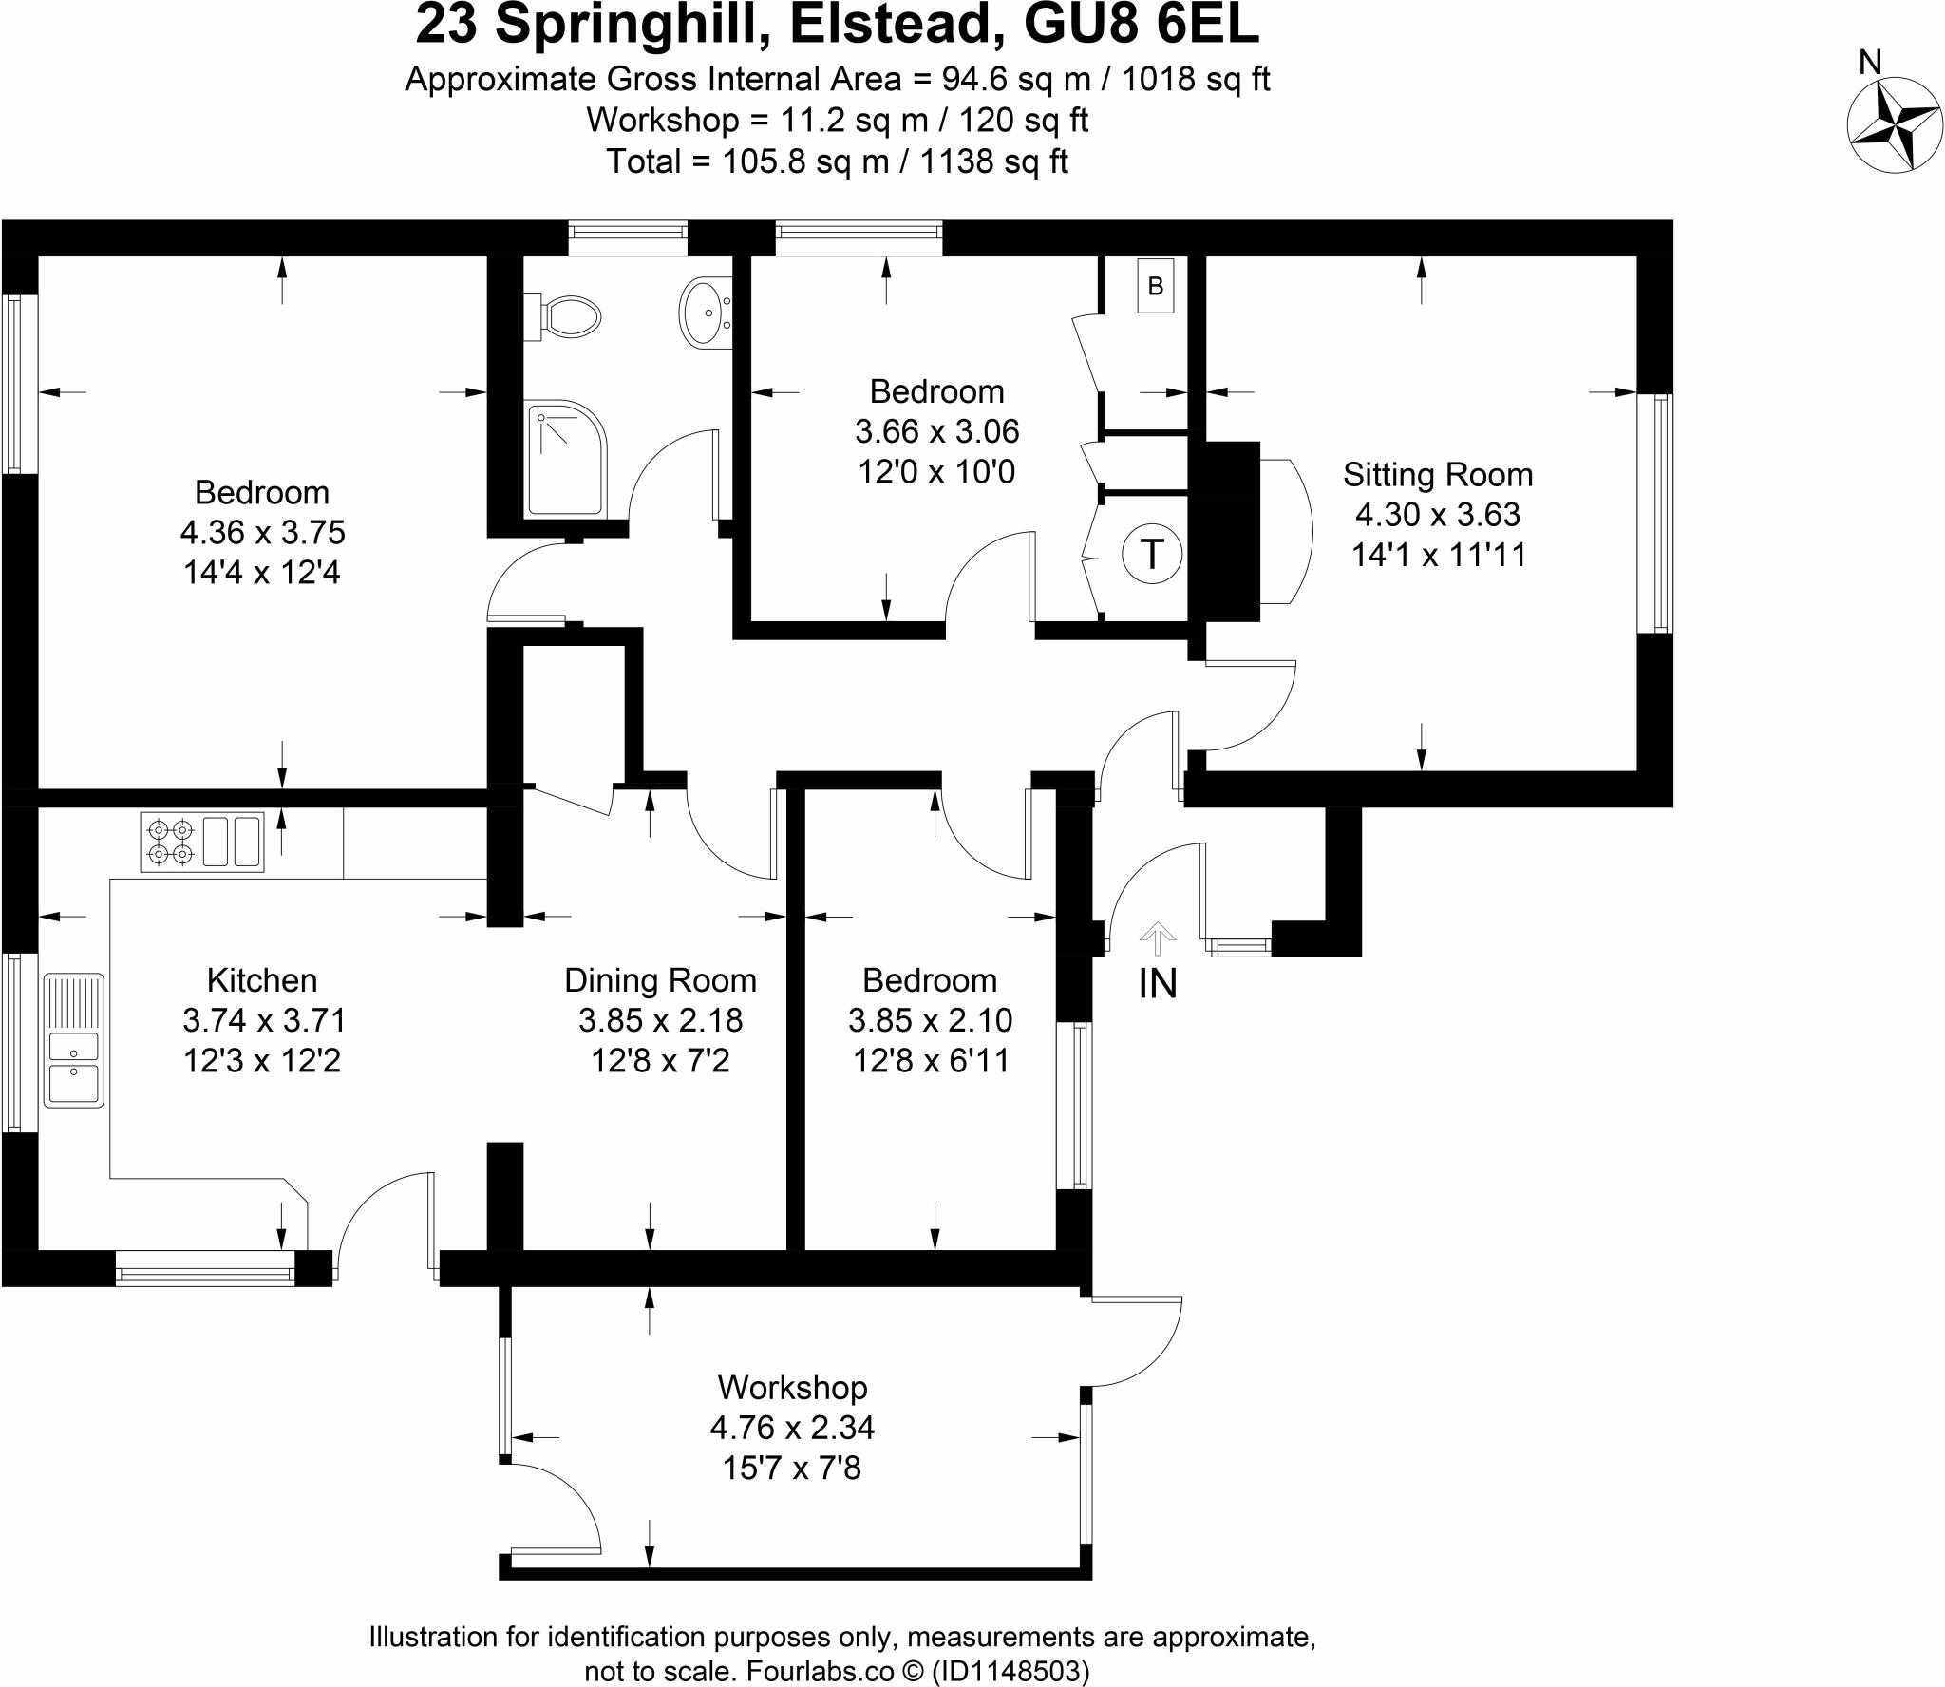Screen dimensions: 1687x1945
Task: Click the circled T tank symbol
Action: [1152, 553]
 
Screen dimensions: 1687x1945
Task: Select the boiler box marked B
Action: [1156, 285]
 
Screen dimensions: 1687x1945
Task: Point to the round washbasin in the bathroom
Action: [704, 312]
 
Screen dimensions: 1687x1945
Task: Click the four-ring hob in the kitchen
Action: [170, 842]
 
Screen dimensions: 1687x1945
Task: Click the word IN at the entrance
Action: [1157, 984]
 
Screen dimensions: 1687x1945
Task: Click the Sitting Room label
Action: [1437, 474]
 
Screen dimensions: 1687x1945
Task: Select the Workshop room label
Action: [792, 1387]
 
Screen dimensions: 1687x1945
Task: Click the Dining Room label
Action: [660, 979]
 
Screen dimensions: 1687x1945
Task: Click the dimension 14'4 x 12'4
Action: [262, 572]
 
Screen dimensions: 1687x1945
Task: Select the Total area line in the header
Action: [837, 161]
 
